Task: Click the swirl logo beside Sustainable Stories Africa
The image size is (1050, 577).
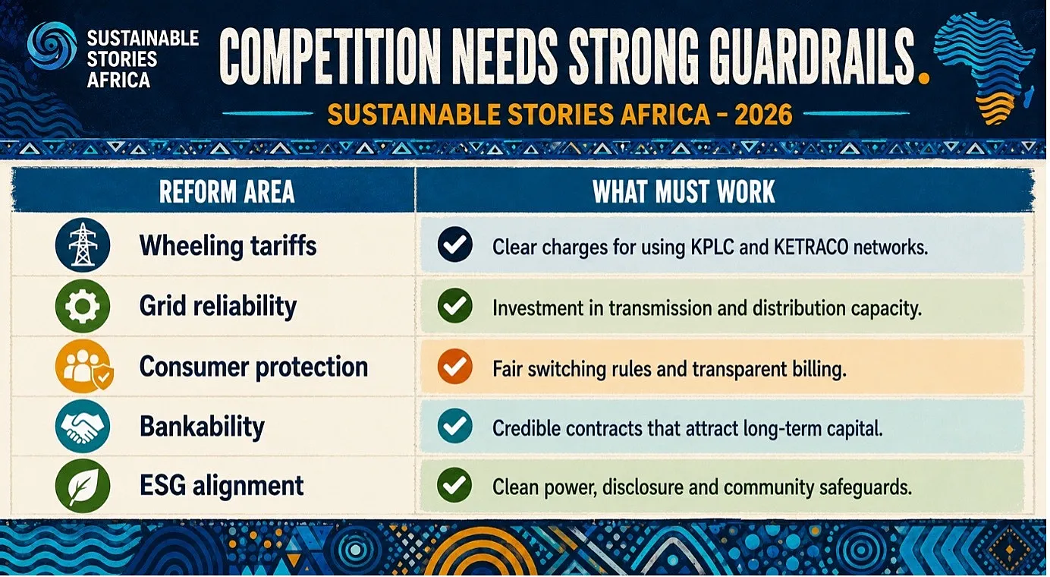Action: point(52,46)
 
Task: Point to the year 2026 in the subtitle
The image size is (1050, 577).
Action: point(763,114)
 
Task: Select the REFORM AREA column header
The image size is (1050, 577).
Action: point(227,191)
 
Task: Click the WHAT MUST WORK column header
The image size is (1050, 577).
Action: point(684,191)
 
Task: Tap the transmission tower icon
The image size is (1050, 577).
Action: point(83,245)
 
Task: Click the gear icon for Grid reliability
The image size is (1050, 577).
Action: point(83,306)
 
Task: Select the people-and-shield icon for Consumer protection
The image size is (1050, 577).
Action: point(84,367)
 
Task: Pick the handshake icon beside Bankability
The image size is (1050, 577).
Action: point(83,427)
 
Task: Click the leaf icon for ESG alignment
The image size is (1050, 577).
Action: point(83,486)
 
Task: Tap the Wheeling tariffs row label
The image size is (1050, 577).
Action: point(228,246)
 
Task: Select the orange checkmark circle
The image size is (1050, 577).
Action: point(454,367)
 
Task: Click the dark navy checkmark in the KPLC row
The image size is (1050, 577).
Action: point(454,244)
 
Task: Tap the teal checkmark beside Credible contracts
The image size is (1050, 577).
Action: point(454,426)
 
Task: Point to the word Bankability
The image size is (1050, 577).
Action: point(202,427)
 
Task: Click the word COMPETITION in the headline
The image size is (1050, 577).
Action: point(331,58)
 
